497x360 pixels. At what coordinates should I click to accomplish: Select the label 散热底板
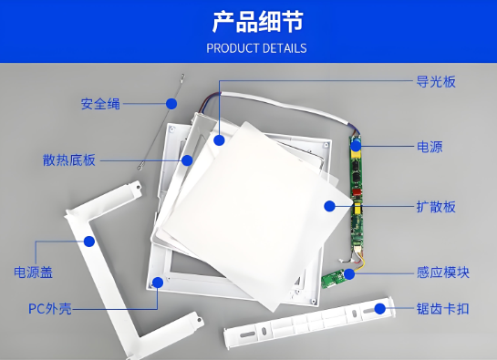[68, 159]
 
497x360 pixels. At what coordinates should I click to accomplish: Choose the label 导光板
[435, 81]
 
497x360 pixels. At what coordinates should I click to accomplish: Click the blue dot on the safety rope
[169, 102]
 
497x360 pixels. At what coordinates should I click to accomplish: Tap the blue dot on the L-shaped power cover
[89, 242]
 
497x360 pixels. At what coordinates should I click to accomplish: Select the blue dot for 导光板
[219, 139]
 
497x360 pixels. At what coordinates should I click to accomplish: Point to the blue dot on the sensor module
[347, 272]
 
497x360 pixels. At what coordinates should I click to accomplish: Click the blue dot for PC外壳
[159, 282]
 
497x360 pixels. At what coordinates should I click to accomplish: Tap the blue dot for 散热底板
[187, 159]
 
